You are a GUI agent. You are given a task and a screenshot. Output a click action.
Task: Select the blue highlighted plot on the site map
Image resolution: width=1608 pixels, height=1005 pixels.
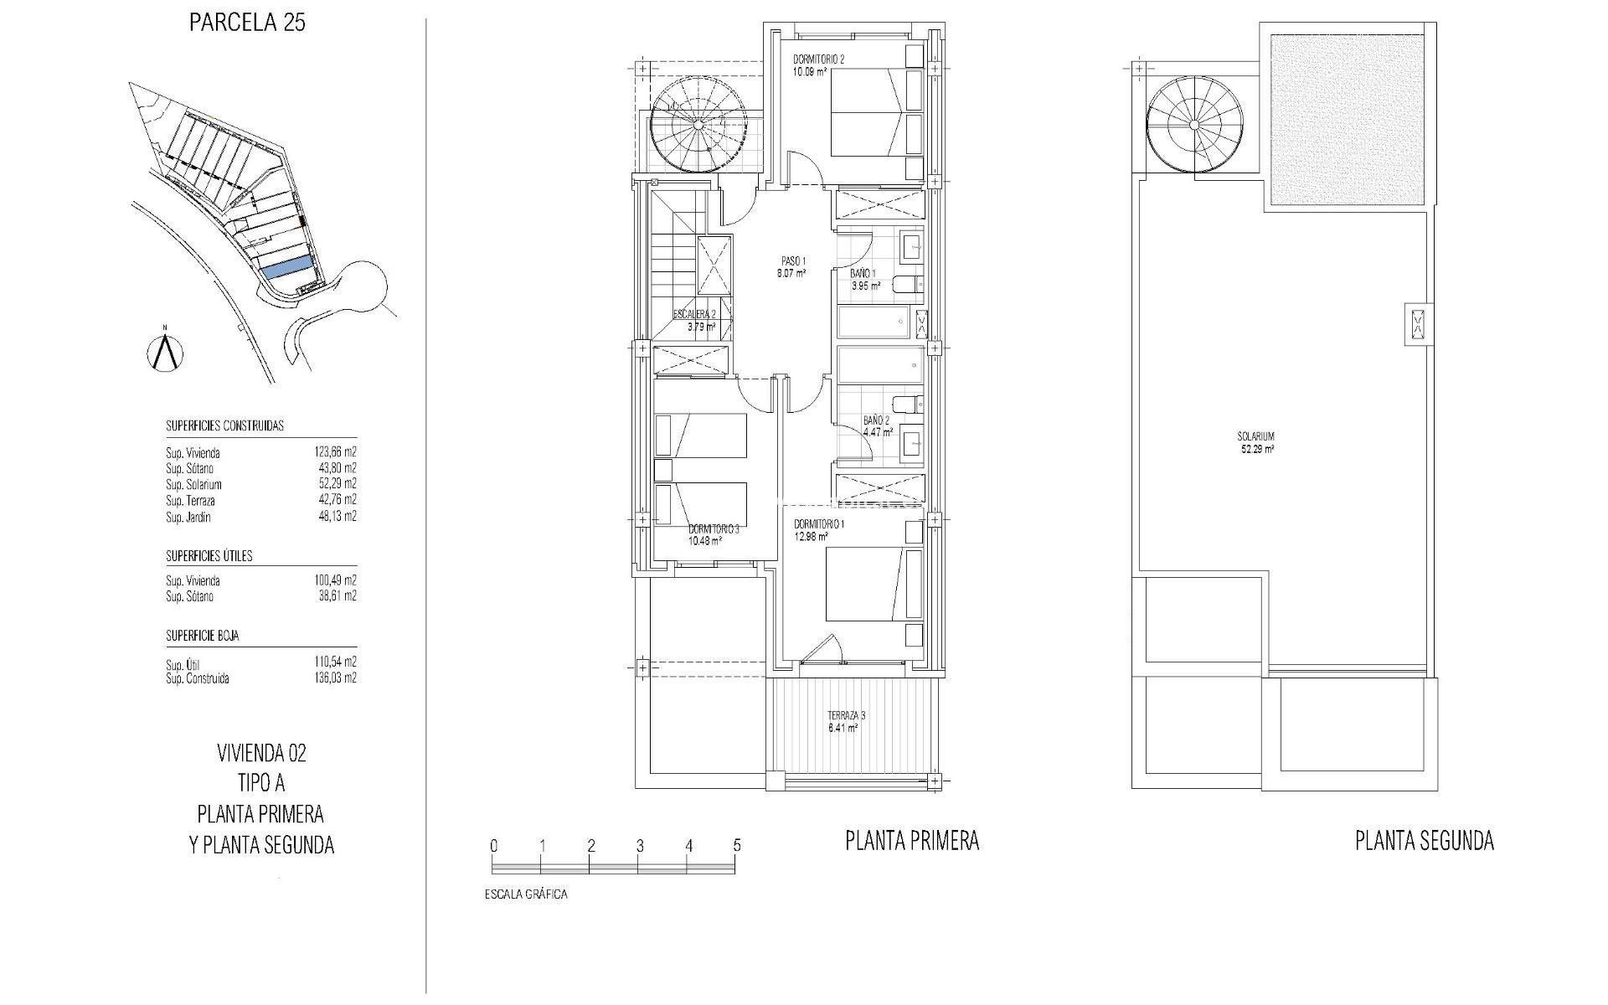coord(289,269)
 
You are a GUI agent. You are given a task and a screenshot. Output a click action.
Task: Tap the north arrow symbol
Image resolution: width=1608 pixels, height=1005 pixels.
coord(166,352)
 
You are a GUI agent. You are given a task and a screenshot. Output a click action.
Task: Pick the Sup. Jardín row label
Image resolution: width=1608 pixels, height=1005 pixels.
coord(188,517)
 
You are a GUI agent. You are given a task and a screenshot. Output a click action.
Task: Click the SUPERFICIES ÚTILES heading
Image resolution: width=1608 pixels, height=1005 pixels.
coord(209,555)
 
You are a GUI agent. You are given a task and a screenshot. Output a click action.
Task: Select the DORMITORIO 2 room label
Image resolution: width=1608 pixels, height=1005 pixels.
coord(819,59)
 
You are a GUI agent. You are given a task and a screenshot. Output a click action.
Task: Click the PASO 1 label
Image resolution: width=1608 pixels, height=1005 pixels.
coord(791,260)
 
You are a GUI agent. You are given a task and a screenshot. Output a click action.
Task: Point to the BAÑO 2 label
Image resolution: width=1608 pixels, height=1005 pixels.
coord(877,420)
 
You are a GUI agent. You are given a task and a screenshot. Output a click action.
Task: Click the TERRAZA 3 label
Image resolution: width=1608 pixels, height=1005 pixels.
coord(846,715)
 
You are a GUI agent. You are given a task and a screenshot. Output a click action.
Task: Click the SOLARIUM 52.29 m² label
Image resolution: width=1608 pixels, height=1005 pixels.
coord(1256,441)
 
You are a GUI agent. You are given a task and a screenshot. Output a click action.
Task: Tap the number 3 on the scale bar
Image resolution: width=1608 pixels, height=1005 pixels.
coord(640,846)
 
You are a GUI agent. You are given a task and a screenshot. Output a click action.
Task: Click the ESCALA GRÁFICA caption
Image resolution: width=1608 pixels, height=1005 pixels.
coord(526,894)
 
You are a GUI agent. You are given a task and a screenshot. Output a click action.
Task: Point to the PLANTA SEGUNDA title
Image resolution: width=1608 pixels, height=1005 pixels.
coord(1424,840)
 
